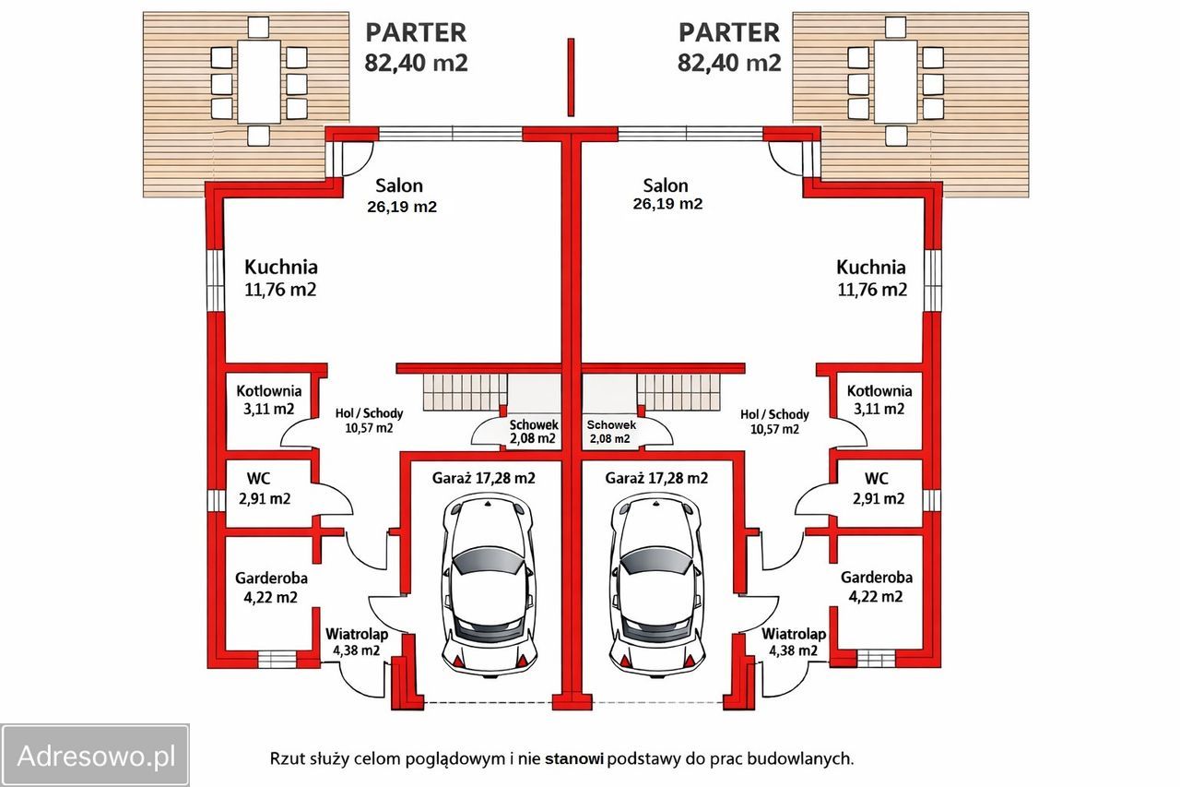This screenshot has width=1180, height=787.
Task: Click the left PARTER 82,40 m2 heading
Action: click(x=416, y=47)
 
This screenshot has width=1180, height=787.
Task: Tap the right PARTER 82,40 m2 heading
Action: click(x=729, y=47)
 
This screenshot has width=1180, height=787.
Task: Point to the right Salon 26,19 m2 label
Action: click(x=667, y=195)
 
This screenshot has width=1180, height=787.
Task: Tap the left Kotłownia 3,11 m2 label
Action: click(x=268, y=399)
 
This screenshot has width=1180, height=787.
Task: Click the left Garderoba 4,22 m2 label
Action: click(x=271, y=587)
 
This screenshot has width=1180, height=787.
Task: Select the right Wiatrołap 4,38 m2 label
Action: click(x=794, y=642)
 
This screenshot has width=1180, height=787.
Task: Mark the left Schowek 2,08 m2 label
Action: click(x=534, y=431)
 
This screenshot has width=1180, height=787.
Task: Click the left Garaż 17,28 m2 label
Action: click(x=484, y=479)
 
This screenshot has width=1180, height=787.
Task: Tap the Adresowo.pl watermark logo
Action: click(x=96, y=756)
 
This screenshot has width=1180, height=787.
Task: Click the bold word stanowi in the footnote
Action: click(x=574, y=759)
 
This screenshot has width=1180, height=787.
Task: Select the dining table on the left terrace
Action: click(x=259, y=81)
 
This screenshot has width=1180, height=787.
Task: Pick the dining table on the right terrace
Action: click(x=895, y=81)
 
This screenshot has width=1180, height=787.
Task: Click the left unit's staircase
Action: click(x=466, y=391)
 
